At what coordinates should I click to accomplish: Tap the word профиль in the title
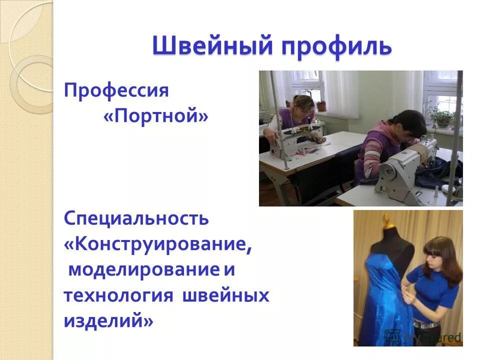(336, 46)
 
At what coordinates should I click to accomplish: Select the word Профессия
(116, 91)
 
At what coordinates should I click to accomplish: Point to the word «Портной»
(155, 117)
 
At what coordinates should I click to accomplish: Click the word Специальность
(136, 218)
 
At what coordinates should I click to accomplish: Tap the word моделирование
(144, 270)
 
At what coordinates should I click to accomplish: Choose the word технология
(118, 295)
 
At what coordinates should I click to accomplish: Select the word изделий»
(108, 321)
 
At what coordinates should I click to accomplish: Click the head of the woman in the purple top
(304, 106)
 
